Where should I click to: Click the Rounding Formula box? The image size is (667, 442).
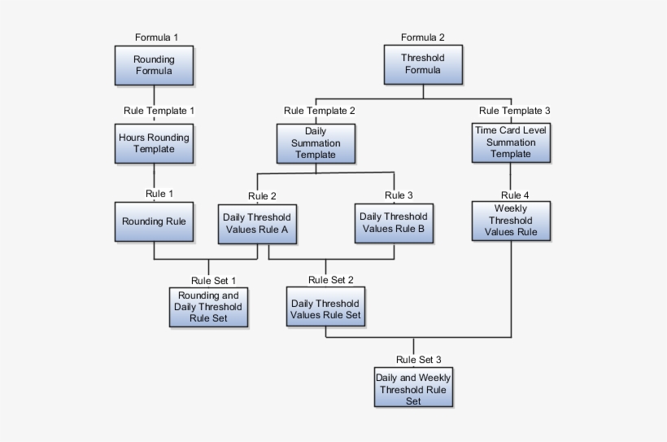(154, 65)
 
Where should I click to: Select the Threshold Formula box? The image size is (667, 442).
(422, 64)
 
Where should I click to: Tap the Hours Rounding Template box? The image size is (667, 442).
(154, 143)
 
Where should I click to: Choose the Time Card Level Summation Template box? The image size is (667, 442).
(511, 142)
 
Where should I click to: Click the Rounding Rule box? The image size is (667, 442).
(154, 221)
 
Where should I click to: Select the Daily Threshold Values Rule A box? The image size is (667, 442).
(257, 223)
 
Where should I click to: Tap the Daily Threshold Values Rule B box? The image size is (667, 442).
(394, 223)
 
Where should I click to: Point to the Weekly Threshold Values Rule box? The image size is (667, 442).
(511, 221)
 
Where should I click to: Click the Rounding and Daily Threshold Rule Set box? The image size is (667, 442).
(207, 307)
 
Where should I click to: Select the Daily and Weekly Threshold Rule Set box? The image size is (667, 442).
(413, 389)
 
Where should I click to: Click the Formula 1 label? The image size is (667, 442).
(156, 37)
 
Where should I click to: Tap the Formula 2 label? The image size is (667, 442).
(423, 37)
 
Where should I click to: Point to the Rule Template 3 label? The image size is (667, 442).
(515, 111)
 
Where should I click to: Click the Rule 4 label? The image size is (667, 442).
(515, 195)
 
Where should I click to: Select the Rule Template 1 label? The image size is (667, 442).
(159, 110)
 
